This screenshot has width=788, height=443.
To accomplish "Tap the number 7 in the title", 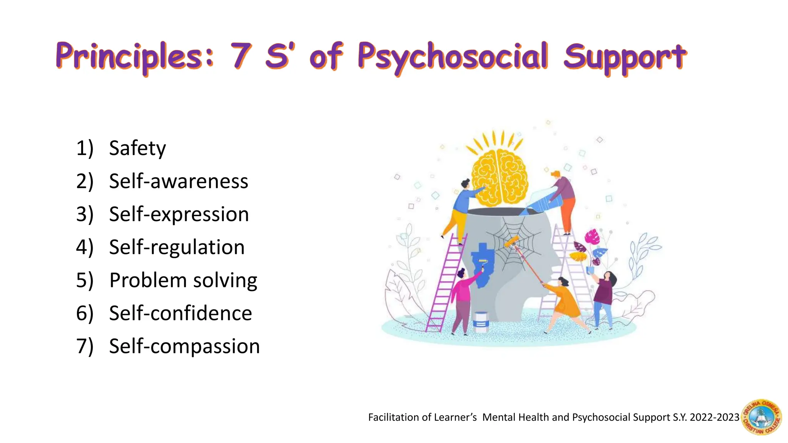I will coord(241,56).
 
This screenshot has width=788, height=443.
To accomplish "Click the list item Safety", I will coord(137,148).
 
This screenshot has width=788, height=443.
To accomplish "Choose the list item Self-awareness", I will coord(179,181).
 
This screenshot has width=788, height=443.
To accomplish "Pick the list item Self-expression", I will coord(179,214).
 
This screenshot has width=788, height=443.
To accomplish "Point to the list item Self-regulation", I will coord(177,247).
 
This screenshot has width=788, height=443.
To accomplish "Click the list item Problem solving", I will coord(183,280).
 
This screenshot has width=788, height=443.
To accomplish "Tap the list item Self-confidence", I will coord(180,313).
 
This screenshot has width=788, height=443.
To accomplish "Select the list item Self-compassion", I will coord(184,346).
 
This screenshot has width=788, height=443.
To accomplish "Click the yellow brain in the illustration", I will coord(499,177).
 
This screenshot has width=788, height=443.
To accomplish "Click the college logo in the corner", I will coord(761,417).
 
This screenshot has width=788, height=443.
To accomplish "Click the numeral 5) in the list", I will coord(85,280).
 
